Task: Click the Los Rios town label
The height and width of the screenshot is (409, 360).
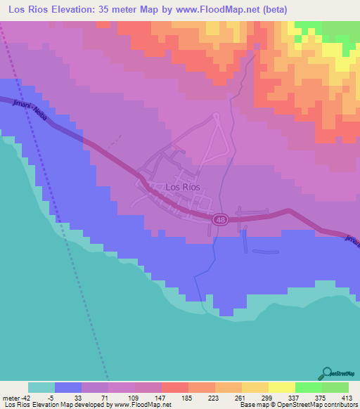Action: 182,188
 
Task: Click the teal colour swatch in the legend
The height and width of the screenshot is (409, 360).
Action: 41,387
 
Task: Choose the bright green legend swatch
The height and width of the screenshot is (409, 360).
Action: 308,387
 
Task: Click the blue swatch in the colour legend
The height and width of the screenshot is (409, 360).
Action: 68,387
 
